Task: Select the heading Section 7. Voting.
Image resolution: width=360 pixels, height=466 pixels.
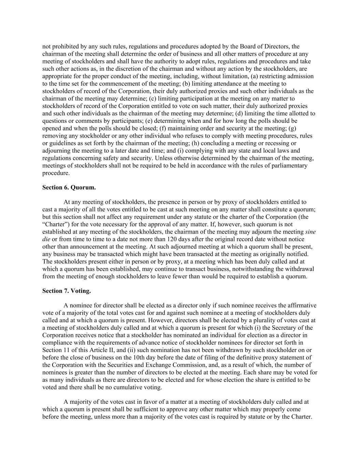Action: pos(67,291)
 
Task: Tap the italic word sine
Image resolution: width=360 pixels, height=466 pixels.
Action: pos(310,232)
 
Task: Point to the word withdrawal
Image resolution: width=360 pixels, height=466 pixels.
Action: pos(299,269)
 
